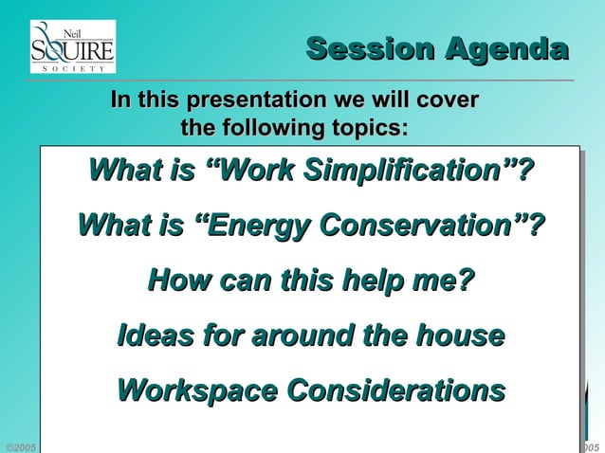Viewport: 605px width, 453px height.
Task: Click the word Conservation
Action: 430,226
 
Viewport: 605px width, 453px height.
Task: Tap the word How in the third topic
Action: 179,281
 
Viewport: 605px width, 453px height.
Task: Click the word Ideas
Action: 154,335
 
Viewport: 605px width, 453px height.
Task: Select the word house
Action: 460,335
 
